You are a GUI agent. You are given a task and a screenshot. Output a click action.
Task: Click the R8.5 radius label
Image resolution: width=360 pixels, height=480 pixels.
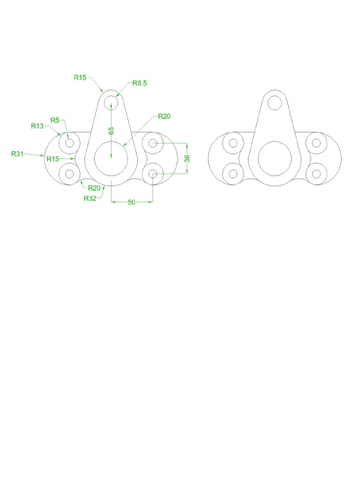140,83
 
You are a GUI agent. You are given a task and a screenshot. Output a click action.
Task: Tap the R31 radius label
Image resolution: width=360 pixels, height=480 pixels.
17,154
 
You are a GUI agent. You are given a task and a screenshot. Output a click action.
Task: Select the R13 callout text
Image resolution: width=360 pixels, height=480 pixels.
37,126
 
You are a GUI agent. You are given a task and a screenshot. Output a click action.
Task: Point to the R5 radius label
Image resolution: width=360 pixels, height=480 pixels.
55,120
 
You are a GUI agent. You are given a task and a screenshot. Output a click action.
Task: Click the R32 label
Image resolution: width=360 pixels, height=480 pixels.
90,198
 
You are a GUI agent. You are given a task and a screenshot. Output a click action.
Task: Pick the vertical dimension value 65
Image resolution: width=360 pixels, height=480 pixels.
112,131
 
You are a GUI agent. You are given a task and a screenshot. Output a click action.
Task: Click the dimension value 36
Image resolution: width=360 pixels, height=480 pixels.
187,158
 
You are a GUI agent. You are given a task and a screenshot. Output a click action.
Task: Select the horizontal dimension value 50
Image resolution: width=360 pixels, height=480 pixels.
131,202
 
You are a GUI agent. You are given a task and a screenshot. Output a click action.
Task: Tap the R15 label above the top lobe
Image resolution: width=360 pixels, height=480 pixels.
80,77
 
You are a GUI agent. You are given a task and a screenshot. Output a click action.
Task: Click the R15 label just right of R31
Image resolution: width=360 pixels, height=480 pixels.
53,159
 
